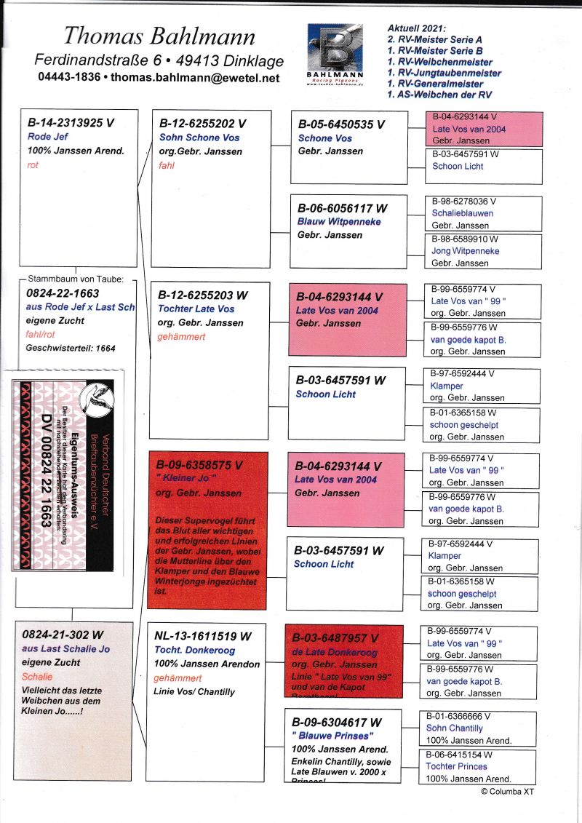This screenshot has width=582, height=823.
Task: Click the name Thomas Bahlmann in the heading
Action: [159, 36]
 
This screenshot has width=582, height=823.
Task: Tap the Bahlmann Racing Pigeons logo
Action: [335, 52]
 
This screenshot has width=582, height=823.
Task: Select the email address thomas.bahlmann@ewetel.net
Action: [196, 77]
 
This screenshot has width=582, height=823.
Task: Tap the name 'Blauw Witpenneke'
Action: [339, 221]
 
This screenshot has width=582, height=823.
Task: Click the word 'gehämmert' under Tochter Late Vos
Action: [182, 336]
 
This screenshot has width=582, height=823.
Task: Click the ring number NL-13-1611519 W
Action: [203, 635]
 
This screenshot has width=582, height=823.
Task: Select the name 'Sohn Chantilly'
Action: [454, 728]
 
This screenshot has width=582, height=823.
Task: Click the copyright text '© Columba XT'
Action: [507, 791]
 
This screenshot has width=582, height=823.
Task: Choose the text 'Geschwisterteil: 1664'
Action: [71, 349]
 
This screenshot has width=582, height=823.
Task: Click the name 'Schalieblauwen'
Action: [462, 213]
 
